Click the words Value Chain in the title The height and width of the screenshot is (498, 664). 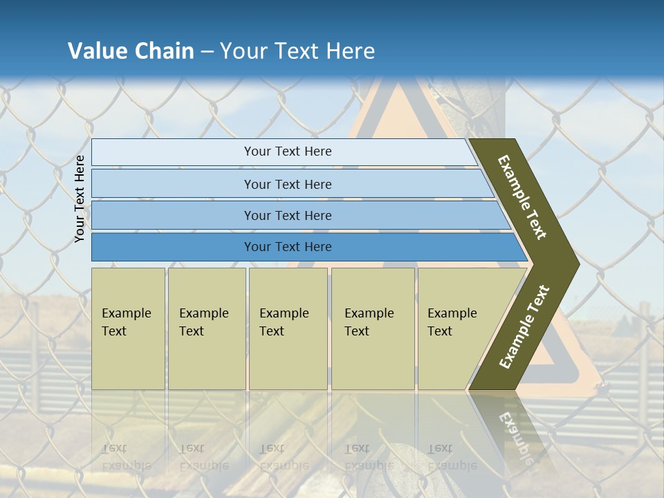(x=131, y=51)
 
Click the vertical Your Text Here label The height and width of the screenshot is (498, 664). (x=80, y=199)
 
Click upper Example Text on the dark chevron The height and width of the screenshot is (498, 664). (x=522, y=197)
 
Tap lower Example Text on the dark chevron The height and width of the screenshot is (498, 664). (x=524, y=326)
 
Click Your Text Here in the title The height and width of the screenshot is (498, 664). (x=297, y=51)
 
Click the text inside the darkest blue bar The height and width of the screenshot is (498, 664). (x=288, y=247)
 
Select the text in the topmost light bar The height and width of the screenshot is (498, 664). (x=288, y=151)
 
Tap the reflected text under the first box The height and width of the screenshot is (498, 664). (x=126, y=457)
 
